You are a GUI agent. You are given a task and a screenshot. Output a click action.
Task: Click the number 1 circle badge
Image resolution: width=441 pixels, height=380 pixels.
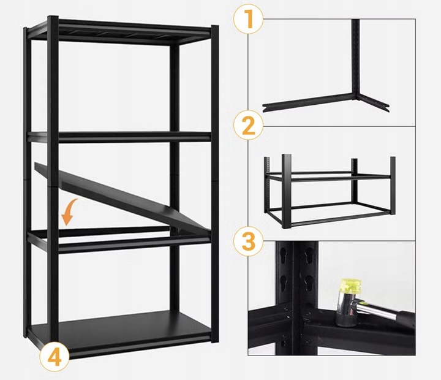[248, 20]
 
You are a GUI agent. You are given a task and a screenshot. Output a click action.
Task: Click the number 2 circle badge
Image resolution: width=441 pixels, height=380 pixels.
[248, 126]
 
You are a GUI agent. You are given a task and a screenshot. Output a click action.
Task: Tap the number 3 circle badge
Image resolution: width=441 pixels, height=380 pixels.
[248, 240]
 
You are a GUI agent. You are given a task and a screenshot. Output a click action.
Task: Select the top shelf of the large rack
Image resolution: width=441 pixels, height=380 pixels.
[123, 34]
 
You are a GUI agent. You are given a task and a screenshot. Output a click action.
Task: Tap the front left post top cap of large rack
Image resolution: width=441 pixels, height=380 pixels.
[52, 20]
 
